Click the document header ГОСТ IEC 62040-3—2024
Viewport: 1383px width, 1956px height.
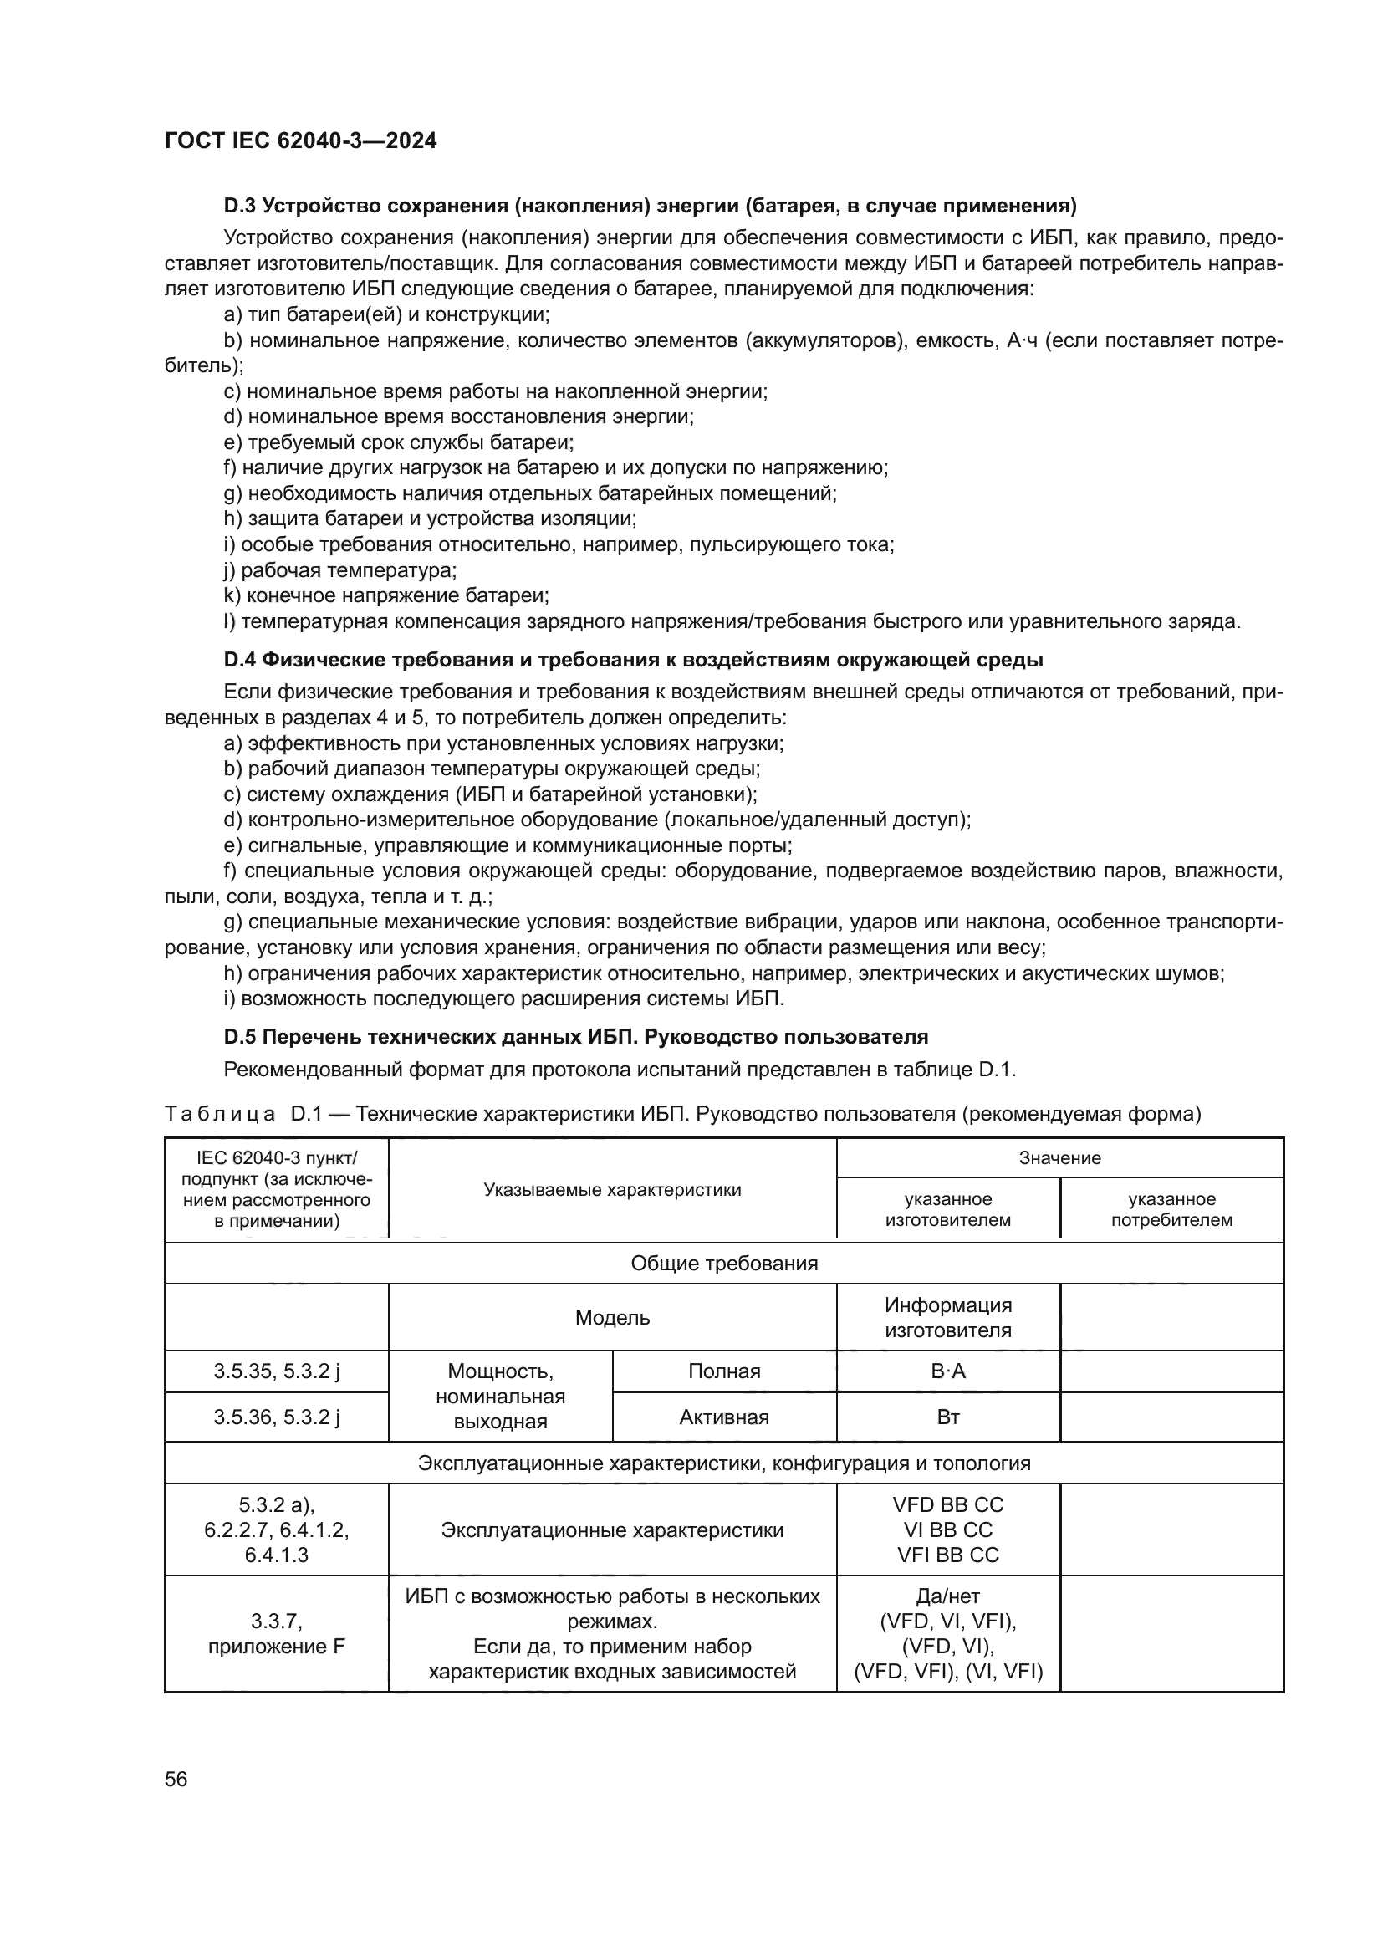(300, 140)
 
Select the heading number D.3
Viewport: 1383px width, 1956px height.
(240, 206)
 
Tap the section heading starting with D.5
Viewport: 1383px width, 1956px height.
(574, 1037)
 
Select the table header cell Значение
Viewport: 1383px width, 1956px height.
(1059, 1157)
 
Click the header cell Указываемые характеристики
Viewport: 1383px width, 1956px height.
(612, 1189)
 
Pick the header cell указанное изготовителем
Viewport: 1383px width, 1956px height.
(948, 1209)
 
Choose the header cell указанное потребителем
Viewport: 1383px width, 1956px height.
(1171, 1209)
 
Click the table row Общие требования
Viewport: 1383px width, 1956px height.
(724, 1264)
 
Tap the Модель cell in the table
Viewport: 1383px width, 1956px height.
(612, 1318)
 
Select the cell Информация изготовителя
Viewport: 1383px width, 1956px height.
(948, 1318)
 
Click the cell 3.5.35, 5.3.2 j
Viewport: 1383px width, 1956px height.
(277, 1371)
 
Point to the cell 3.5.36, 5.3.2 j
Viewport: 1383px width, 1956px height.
(277, 1417)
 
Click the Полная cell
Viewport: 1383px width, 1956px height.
(724, 1371)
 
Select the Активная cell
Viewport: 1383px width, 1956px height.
(724, 1417)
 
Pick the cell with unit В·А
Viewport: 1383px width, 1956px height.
(948, 1371)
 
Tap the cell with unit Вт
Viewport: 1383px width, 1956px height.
(948, 1417)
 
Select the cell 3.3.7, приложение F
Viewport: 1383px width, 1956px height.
(277, 1633)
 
